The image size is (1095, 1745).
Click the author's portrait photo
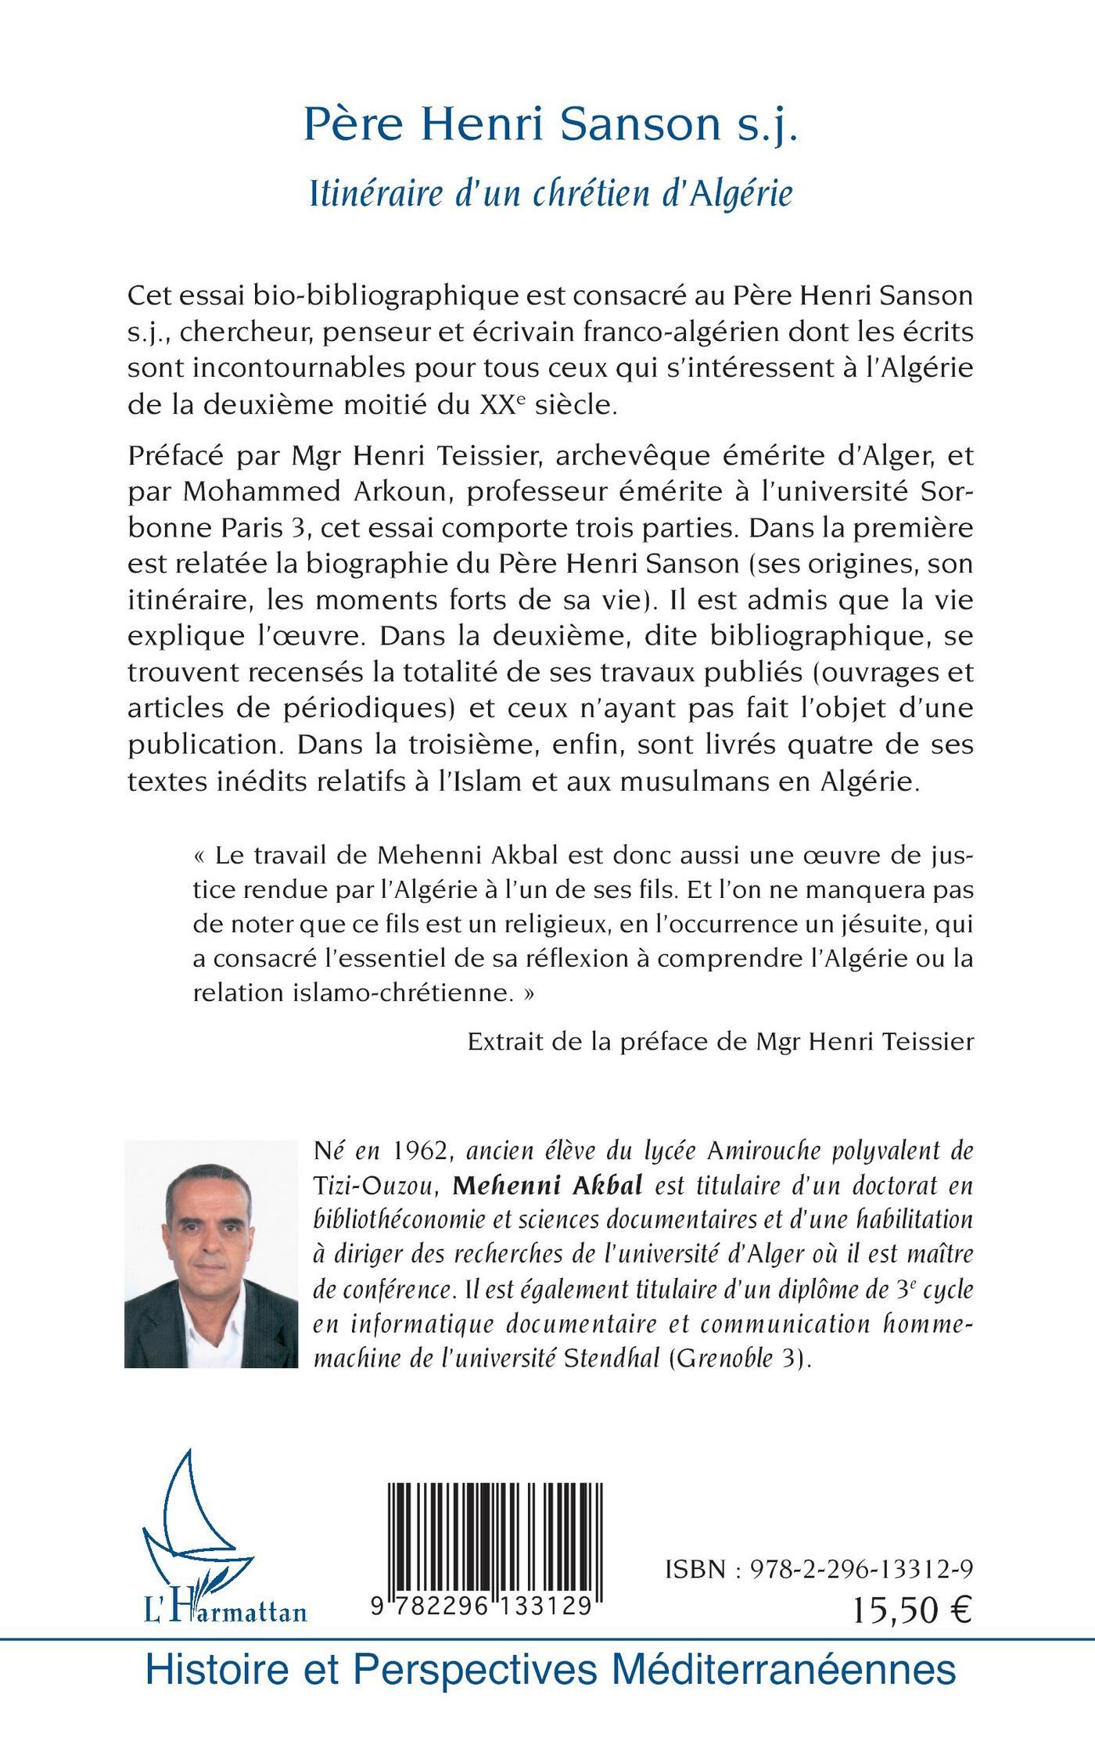[211, 1254]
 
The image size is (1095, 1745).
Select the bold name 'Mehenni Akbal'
[547, 1185]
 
